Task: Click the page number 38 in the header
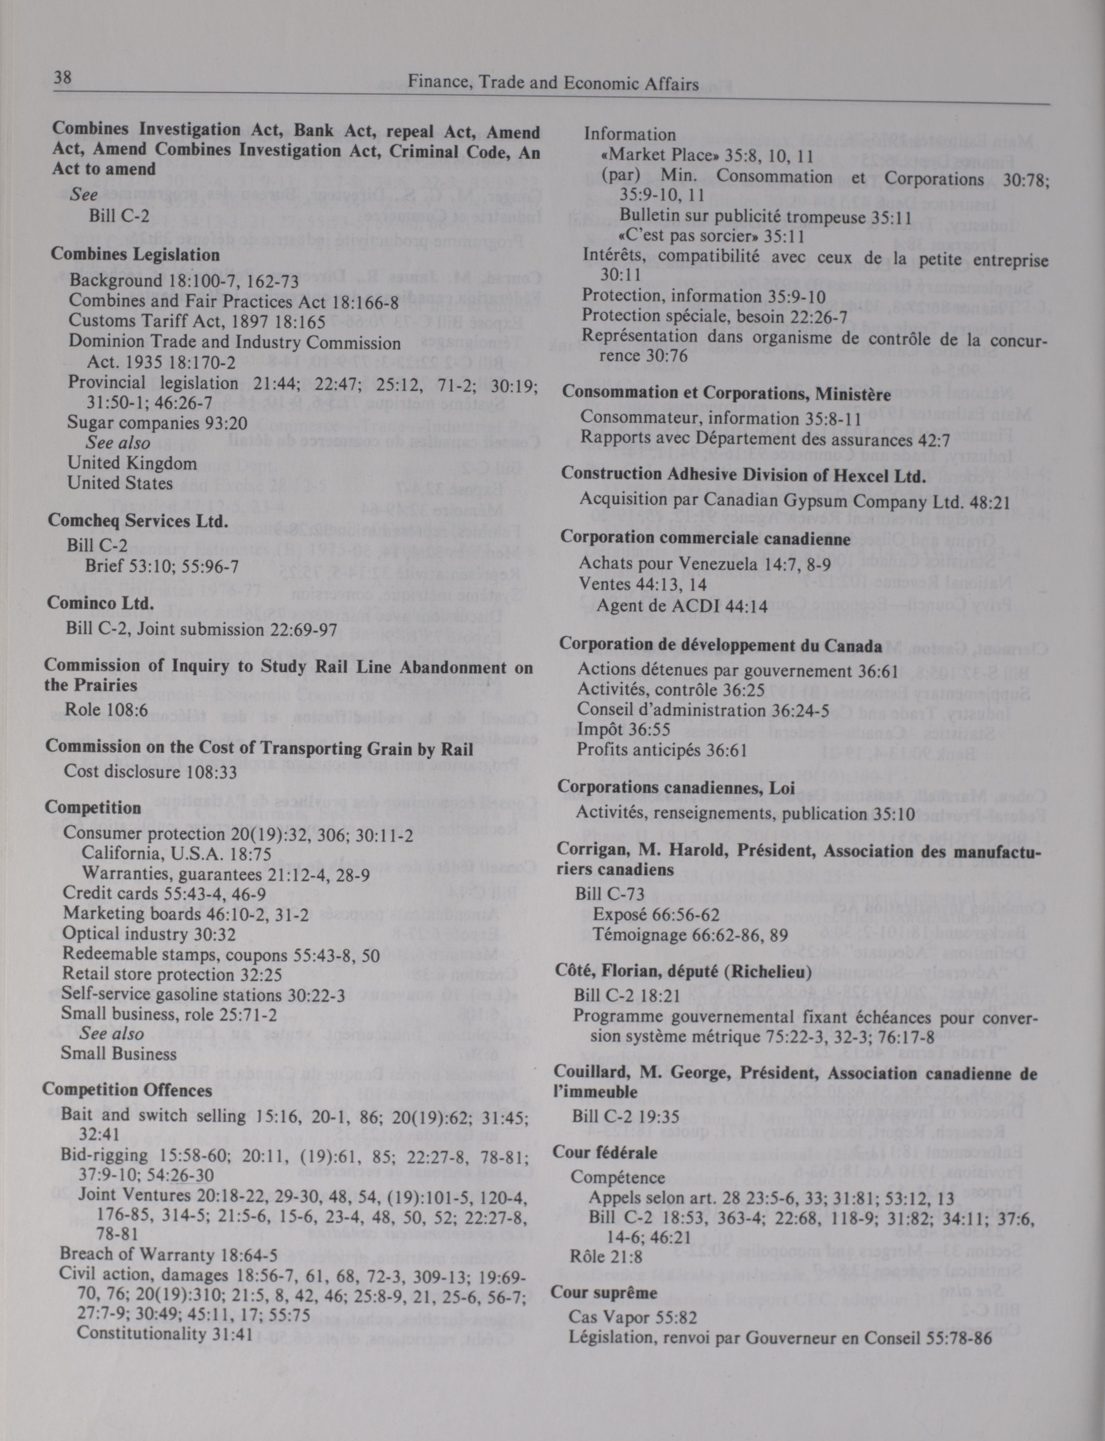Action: click(63, 78)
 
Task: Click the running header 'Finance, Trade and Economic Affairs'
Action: click(553, 83)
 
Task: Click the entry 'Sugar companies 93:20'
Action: click(158, 423)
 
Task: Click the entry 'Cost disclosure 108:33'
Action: click(150, 771)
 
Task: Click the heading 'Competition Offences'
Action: click(127, 1090)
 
